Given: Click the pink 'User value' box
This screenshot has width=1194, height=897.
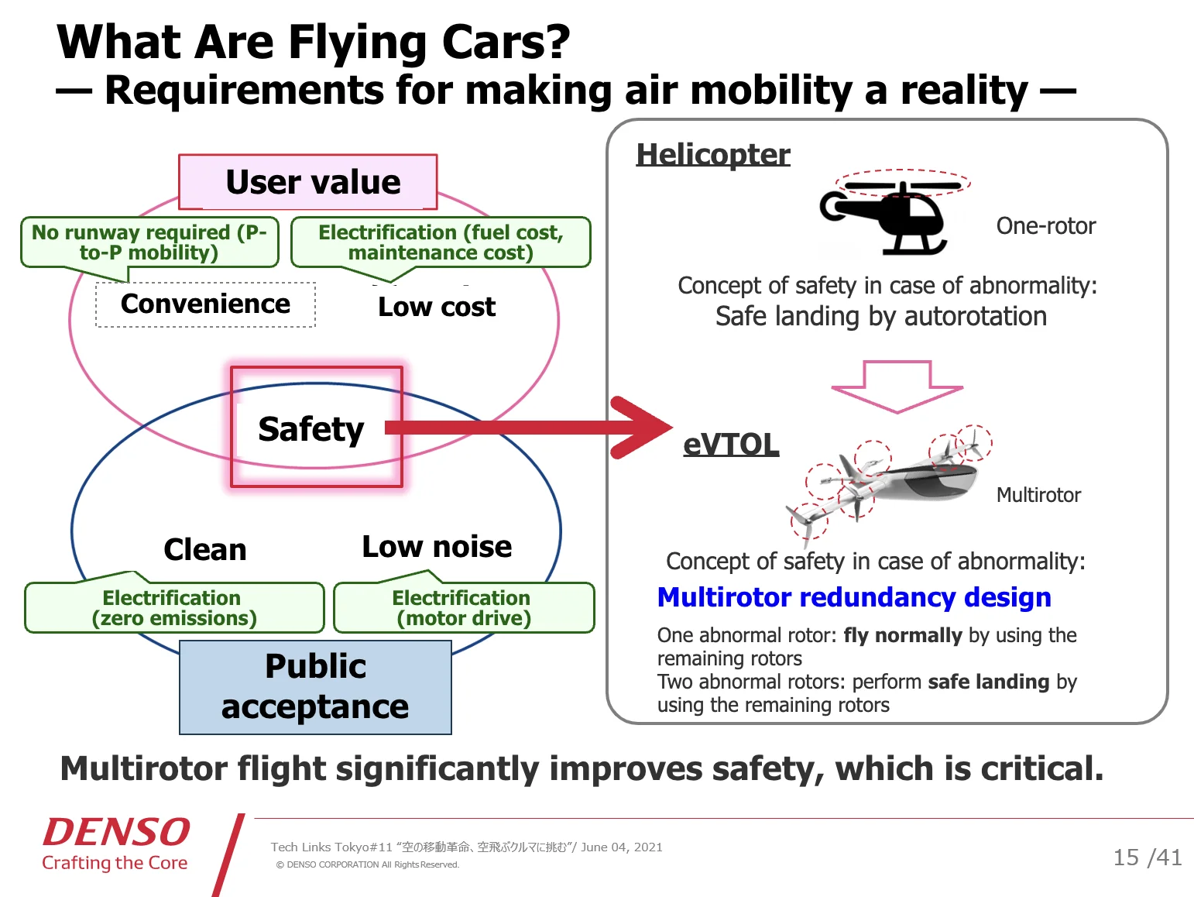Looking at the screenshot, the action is pyautogui.click(x=308, y=182).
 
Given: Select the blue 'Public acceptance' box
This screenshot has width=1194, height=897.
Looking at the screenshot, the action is pyautogui.click(x=315, y=687).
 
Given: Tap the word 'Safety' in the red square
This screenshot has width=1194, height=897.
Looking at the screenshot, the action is pyautogui.click(x=311, y=429).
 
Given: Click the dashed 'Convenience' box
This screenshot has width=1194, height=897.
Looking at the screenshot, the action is pyautogui.click(x=206, y=304).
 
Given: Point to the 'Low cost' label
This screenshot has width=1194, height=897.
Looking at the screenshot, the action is pyautogui.click(x=437, y=307).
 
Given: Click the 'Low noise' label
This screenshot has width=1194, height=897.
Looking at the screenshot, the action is pyautogui.click(x=437, y=547).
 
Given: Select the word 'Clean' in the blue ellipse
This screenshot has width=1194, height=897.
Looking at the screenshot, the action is pyautogui.click(x=205, y=549).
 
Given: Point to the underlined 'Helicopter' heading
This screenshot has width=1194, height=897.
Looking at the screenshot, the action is pyautogui.click(x=713, y=154).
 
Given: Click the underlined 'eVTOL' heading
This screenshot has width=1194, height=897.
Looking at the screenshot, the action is pyautogui.click(x=731, y=445).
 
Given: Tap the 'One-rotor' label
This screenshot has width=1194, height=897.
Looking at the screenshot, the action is pyautogui.click(x=1045, y=225).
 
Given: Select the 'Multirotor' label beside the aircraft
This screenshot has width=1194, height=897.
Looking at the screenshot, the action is pyautogui.click(x=1038, y=495).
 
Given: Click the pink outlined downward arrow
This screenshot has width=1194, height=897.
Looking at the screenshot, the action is pyautogui.click(x=897, y=387).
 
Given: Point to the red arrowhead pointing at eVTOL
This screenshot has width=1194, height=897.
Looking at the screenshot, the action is pyautogui.click(x=642, y=428).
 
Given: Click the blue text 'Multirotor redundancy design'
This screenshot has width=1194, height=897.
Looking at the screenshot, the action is pyautogui.click(x=854, y=597).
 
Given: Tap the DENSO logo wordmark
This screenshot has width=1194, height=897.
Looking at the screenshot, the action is pyautogui.click(x=116, y=832).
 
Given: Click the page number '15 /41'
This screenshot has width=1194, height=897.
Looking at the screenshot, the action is pyautogui.click(x=1148, y=857).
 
